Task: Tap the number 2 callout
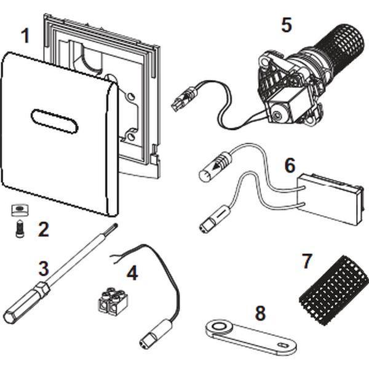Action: pyautogui.click(x=42, y=229)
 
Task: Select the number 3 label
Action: pyautogui.click(x=43, y=269)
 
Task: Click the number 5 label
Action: pyautogui.click(x=287, y=25)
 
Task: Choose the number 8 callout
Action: pyautogui.click(x=261, y=312)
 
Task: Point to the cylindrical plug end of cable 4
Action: pyautogui.click(x=151, y=336)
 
